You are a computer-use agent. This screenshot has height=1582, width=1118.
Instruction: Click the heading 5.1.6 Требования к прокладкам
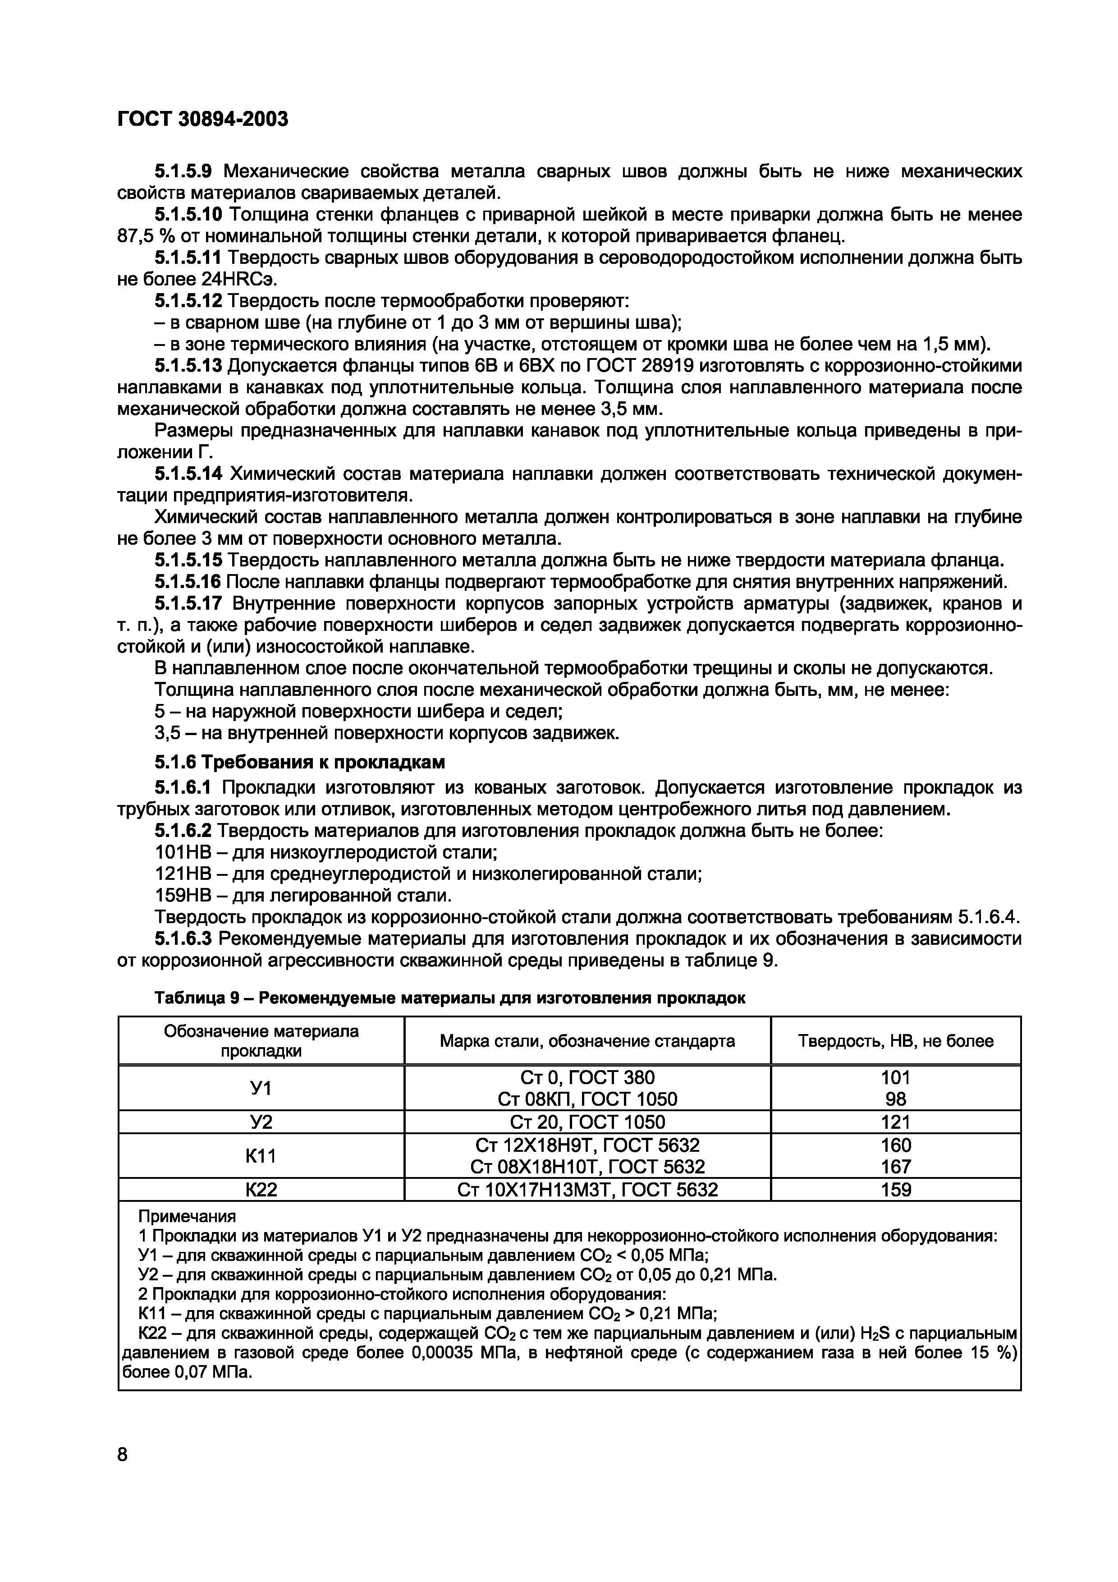(300, 763)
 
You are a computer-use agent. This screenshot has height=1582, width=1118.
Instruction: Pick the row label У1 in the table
(261, 1088)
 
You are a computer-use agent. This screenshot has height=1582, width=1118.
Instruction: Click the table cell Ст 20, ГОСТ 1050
(587, 1122)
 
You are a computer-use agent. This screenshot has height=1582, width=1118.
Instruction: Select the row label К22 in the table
(261, 1189)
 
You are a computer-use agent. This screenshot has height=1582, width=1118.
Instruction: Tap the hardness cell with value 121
(895, 1122)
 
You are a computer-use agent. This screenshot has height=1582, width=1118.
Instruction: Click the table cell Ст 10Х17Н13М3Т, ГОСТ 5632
(587, 1189)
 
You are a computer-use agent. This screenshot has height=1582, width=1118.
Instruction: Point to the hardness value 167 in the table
(895, 1167)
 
